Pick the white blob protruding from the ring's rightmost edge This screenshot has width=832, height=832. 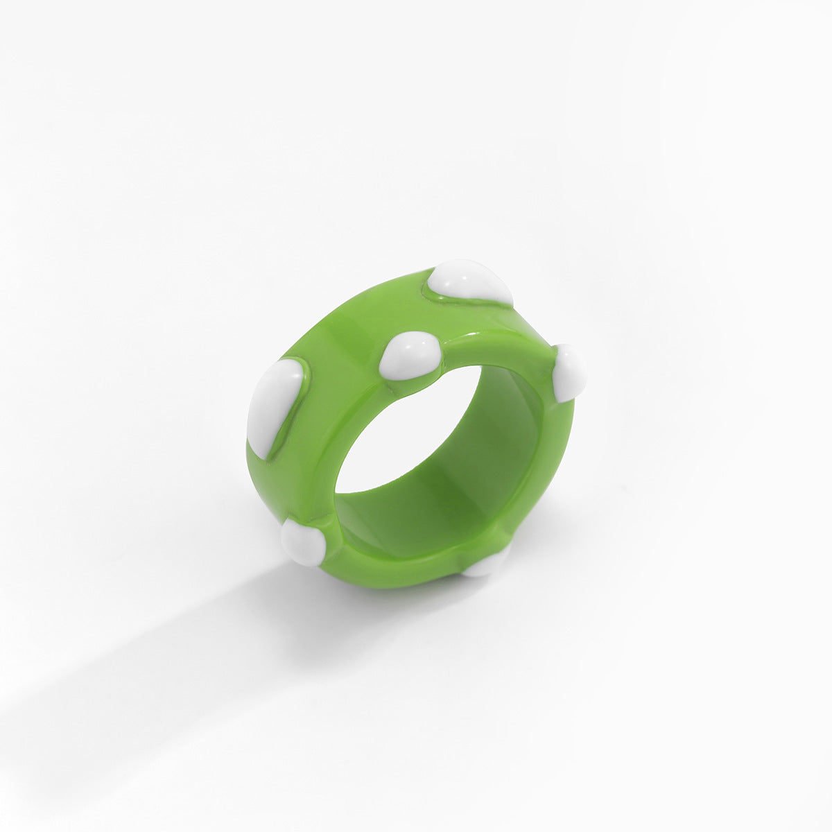[570, 372]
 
